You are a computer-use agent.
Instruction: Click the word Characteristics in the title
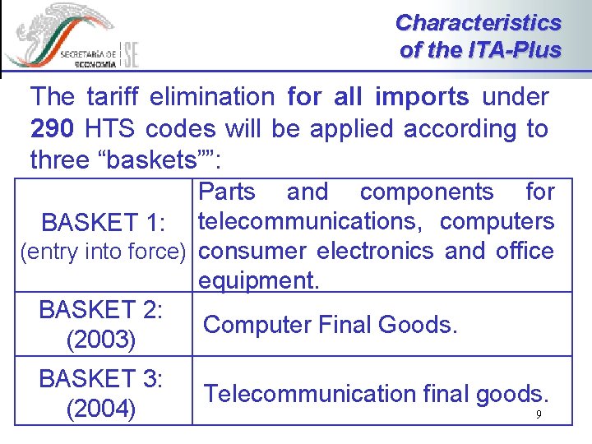click(x=478, y=22)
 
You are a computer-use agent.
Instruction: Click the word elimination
click(x=214, y=97)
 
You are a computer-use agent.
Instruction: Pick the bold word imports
click(x=422, y=97)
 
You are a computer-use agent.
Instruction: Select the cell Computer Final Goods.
click(x=330, y=324)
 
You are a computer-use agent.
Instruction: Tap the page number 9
click(x=539, y=414)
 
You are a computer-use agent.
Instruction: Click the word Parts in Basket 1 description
click(x=228, y=192)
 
